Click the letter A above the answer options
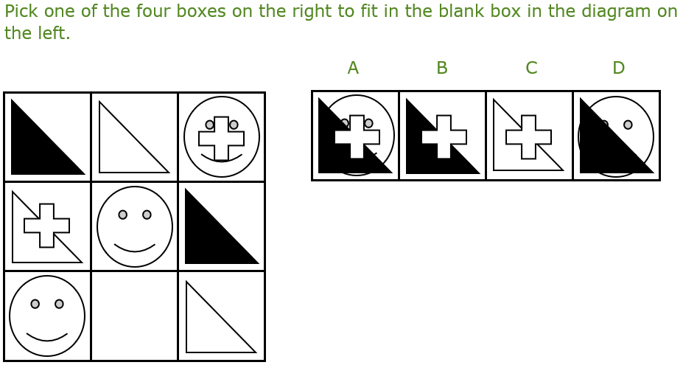353,68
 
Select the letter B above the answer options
441,68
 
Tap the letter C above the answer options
531,68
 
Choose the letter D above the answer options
619,68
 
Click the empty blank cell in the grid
134,316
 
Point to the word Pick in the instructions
21,11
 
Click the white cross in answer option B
444,136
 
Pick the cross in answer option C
528,136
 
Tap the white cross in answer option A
357,136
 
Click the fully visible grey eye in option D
628,125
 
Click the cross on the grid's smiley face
221,138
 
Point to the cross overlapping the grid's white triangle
46,226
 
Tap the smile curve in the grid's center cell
135,248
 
